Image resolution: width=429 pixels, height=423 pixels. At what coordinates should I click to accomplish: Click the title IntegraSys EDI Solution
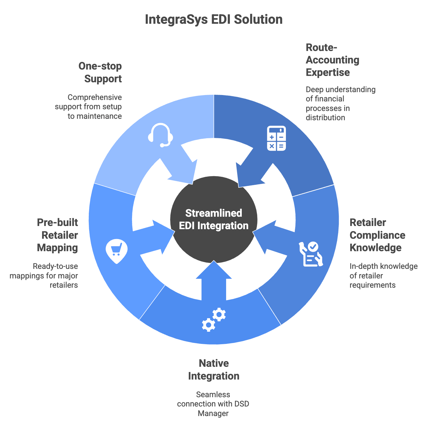214,20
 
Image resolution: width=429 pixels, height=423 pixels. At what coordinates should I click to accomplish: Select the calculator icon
276,138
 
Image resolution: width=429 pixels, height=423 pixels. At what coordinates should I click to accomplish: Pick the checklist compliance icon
311,254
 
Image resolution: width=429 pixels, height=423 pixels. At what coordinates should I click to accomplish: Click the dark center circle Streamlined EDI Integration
214,219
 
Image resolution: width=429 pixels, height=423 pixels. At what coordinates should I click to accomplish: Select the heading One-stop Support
100,72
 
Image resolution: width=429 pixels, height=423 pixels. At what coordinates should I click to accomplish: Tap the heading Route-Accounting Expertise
332,60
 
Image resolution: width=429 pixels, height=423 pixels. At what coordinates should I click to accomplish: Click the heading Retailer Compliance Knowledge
377,235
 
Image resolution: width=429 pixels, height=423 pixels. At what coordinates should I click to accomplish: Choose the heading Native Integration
214,369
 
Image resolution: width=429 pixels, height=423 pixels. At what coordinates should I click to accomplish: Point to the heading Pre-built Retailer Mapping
58,235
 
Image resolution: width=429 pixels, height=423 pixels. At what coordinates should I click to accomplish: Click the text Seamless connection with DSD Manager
213,404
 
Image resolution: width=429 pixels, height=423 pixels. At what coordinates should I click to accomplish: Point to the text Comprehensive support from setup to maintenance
89,107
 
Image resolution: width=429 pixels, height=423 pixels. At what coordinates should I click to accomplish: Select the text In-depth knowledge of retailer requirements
383,276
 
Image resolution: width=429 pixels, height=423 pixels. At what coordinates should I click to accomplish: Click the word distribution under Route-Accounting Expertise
325,118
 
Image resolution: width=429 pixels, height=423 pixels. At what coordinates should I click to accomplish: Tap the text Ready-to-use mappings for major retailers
44,276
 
